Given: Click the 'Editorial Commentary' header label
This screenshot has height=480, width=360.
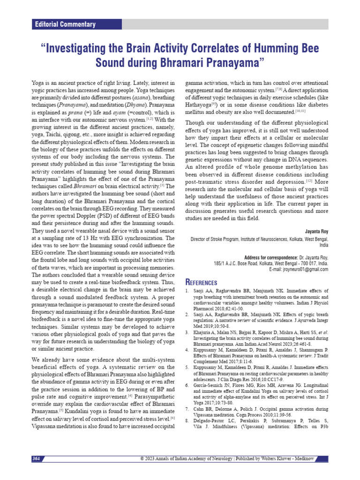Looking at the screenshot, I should point(65,24).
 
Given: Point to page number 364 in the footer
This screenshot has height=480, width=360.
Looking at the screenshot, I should point(37,458).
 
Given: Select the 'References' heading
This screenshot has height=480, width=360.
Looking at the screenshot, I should point(202,282).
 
